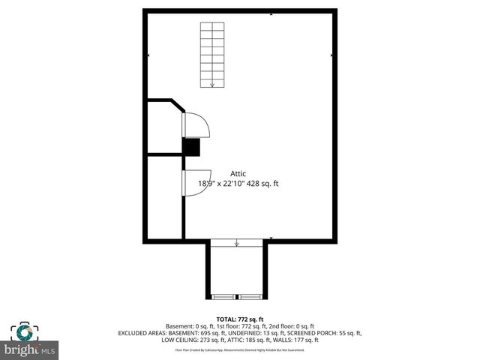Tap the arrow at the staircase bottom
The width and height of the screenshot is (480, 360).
[212, 84]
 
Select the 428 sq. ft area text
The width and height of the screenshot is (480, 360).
[264, 183]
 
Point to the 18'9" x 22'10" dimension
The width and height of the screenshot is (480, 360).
[218, 183]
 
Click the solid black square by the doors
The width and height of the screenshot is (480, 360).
[192, 147]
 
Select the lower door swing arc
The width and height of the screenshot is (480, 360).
[193, 183]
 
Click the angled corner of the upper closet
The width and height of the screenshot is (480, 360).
[178, 105]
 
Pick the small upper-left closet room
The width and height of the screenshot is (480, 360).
[164, 129]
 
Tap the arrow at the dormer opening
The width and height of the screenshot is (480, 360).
[237, 243]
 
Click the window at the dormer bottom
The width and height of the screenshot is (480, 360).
[236, 297]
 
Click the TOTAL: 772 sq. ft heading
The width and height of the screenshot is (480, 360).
[240, 319]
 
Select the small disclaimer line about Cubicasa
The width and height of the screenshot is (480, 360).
[240, 349]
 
